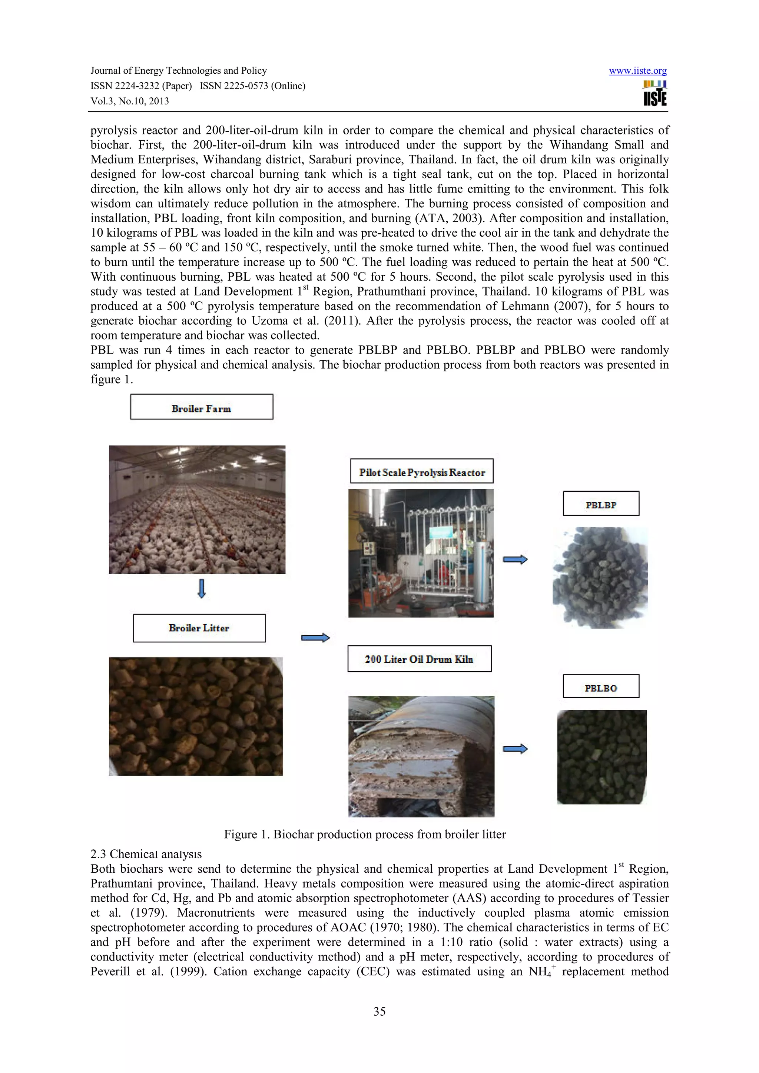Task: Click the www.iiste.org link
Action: tap(637, 71)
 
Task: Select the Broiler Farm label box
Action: tap(202, 407)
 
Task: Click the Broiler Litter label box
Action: tap(199, 628)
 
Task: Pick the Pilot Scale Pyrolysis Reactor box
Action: tap(422, 471)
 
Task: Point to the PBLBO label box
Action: tap(601, 686)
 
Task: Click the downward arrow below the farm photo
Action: tap(202, 588)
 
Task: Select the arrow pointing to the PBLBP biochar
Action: tap(515, 559)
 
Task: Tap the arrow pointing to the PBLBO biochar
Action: tap(515, 749)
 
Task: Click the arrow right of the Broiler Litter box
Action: tap(316, 638)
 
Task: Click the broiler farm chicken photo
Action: tap(197, 509)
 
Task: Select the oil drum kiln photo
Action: tap(421, 756)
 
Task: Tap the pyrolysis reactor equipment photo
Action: tap(421, 553)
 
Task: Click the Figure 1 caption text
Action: tap(365, 834)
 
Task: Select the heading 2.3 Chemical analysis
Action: tap(146, 854)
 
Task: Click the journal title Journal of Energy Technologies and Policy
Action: tap(178, 71)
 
